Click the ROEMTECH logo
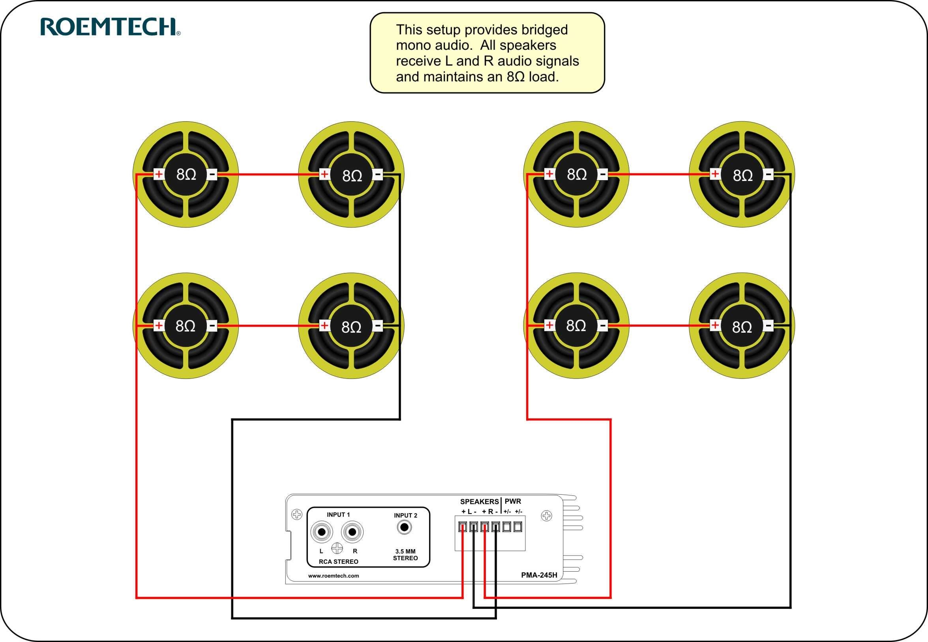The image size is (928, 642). pos(110,27)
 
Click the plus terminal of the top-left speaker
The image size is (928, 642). pos(159,174)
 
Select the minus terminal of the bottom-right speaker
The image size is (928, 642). pos(768,325)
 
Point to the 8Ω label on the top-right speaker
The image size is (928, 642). pos(742,175)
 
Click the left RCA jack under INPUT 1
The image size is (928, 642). pos(322,532)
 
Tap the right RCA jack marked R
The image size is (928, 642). pos(352,532)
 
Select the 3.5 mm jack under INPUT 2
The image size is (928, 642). pos(404,527)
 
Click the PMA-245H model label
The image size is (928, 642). pos(539,575)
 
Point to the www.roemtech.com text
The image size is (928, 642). pos(333,576)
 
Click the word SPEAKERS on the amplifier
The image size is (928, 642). pos(479,502)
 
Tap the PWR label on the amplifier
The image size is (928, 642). pos(512,501)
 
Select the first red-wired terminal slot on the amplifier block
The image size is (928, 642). pos(463,527)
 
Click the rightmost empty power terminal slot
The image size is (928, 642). pos(517,527)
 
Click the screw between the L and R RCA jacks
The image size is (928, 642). pos(337,548)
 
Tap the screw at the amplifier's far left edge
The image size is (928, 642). pos(296,514)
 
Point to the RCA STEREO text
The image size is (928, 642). pos(338,561)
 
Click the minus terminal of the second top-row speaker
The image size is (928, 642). pos(378,175)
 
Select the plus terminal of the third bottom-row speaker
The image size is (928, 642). pos(549,325)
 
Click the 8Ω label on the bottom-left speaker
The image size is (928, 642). pos(185,326)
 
